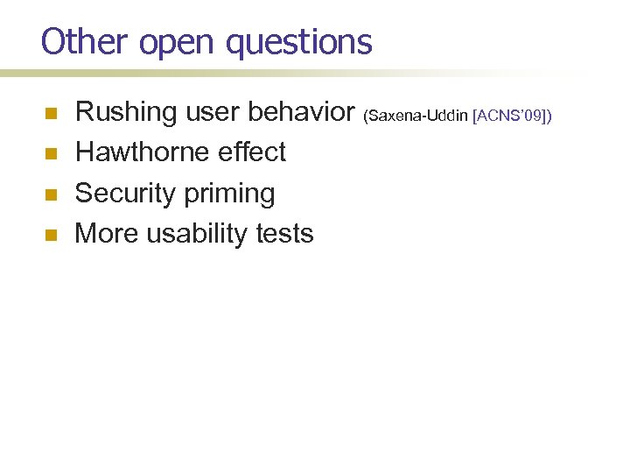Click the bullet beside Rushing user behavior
(x=51, y=113)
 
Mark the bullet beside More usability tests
(x=51, y=235)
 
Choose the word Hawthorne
(x=142, y=152)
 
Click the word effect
(x=251, y=152)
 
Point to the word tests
(x=283, y=234)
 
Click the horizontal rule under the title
(x=262, y=74)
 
